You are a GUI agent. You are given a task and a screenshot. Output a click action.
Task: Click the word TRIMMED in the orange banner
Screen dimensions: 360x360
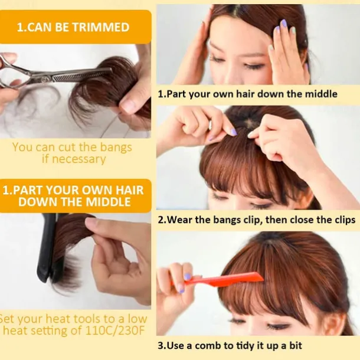[x=101, y=27]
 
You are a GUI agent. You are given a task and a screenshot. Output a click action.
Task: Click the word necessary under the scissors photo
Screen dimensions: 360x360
[x=79, y=159]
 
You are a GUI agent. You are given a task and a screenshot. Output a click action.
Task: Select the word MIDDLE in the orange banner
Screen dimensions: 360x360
[x=108, y=202]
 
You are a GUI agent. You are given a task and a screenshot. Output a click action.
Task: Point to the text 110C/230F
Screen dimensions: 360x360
[x=115, y=330]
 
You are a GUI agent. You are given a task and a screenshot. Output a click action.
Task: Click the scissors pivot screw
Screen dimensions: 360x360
[x=44, y=80]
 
